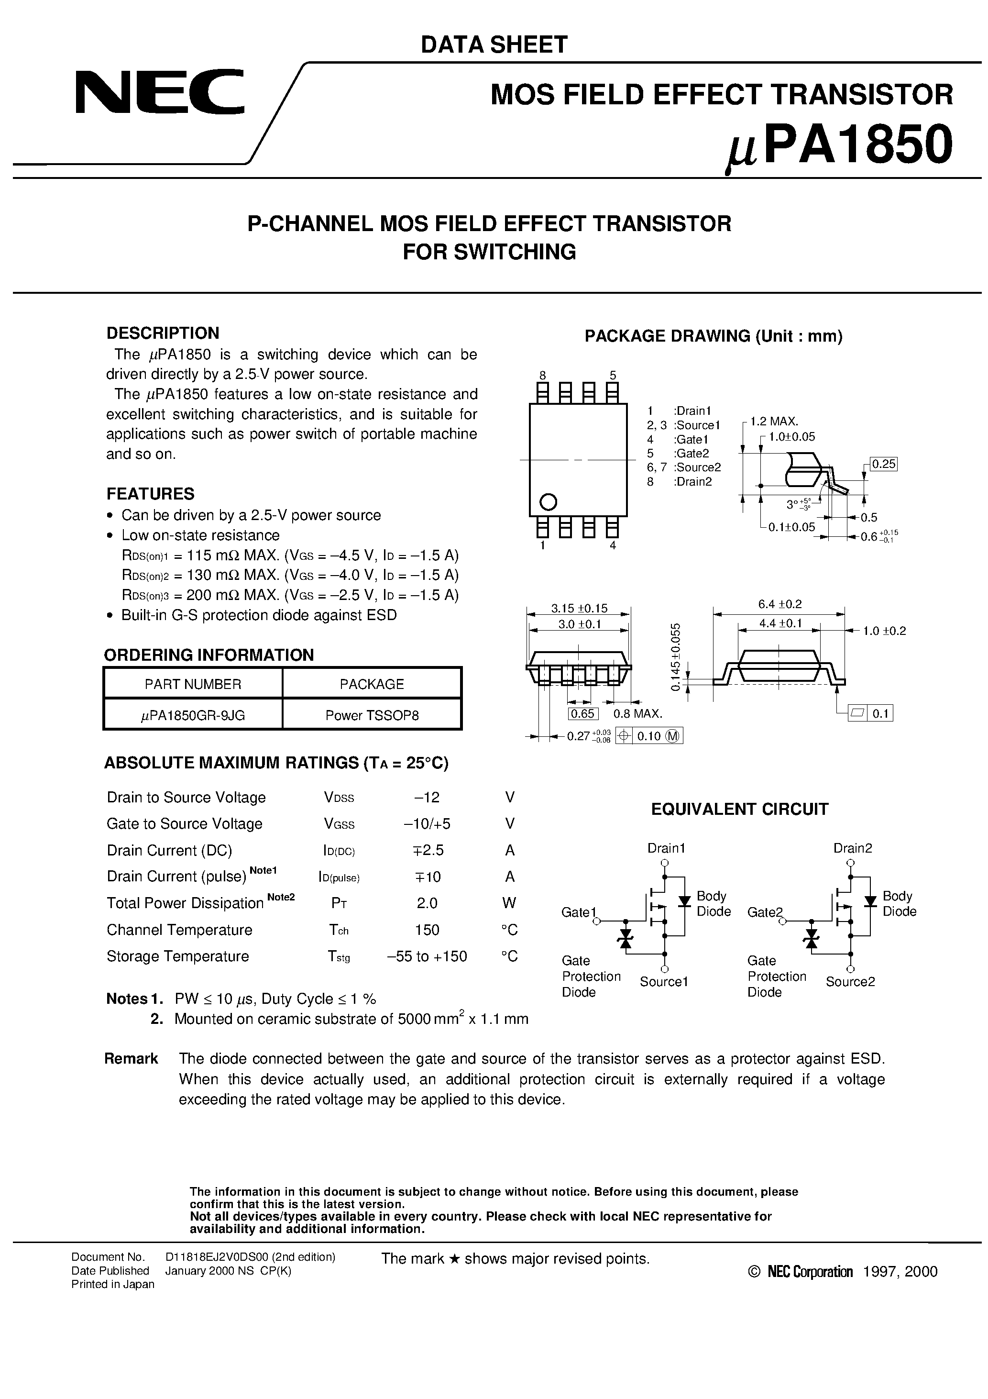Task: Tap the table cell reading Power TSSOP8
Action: click(372, 715)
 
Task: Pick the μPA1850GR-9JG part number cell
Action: click(193, 715)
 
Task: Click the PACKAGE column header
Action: click(372, 684)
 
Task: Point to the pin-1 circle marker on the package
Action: click(548, 501)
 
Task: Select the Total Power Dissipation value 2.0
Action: click(427, 903)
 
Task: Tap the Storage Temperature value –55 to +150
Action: click(427, 956)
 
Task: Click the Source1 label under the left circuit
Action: click(663, 982)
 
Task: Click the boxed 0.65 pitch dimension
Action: click(583, 713)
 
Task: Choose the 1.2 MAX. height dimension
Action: click(774, 421)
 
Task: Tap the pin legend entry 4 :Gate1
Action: click(677, 439)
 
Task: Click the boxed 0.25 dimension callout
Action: click(883, 464)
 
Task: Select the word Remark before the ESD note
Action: click(131, 1058)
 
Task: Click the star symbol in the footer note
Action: click(453, 1259)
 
